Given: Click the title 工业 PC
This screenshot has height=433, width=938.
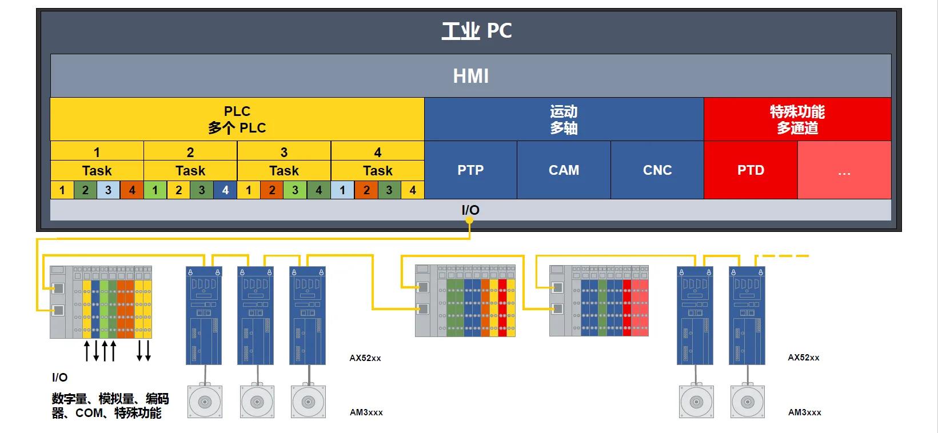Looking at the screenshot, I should coord(476,31).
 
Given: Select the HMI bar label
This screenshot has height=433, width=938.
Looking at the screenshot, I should coord(470,76).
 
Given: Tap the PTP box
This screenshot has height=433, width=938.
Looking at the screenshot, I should coord(470,170).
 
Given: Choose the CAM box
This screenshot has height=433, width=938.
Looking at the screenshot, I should coord(564,170).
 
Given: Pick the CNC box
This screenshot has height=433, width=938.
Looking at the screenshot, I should coord(657,170).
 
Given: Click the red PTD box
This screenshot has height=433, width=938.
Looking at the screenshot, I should coord(751,170).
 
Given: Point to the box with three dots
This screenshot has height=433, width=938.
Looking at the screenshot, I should coord(844,170).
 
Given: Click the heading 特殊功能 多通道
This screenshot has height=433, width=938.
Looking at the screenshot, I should coord(797,119).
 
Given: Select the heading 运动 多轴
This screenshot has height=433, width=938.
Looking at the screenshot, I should coord(564,119).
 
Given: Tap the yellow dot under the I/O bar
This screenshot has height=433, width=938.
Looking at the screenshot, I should coord(470,220).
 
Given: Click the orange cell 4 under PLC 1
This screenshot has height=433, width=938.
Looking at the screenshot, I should coord(131,190).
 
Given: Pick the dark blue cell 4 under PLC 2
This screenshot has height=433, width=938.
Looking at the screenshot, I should coord(225,190).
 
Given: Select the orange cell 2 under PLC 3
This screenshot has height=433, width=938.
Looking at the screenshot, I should coord(272,190).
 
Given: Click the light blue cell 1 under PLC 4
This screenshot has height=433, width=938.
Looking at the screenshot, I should coord(342,190).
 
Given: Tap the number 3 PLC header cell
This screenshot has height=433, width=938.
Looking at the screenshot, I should coord(284,152).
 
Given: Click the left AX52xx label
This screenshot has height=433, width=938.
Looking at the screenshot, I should coord(365,358).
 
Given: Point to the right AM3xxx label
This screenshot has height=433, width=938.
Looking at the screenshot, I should coord(804,412).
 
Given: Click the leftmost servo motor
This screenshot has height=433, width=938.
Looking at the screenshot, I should coord(205,402).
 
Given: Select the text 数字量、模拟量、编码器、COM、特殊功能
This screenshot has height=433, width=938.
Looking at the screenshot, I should coord(110,406).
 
